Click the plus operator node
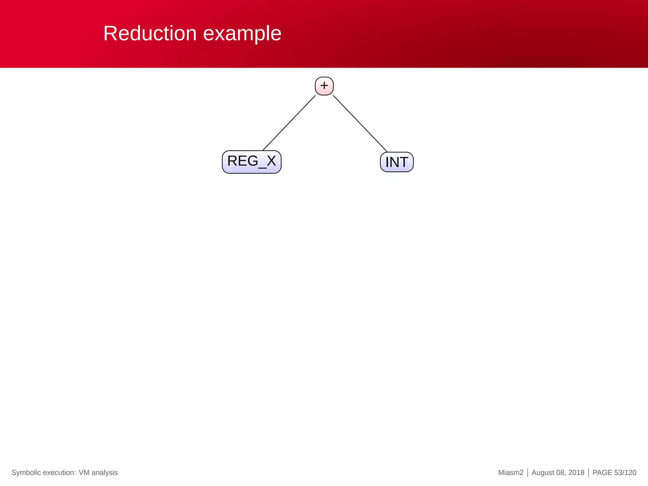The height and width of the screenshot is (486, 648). pos(324,86)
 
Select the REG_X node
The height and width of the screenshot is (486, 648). pos(252,162)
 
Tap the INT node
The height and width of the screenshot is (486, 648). pos(397,162)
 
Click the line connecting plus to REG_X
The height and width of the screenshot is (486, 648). pos(289,123)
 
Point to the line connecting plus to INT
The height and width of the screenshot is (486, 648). pos(360,123)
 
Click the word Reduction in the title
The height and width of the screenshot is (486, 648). pos(150,33)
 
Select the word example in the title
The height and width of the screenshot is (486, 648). pos(242,34)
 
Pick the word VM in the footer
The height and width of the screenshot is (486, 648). pos(84,473)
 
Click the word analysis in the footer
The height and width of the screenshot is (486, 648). pos(104,473)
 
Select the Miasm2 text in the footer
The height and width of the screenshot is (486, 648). pos(511,473)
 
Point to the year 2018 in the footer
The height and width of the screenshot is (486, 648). pos(576,473)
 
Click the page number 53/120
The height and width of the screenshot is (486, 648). pos(625,473)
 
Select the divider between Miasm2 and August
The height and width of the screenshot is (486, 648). pos(528,473)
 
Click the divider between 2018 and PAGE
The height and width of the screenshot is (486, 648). pos(589,473)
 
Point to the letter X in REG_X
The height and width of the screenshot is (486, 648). pos(271,161)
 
